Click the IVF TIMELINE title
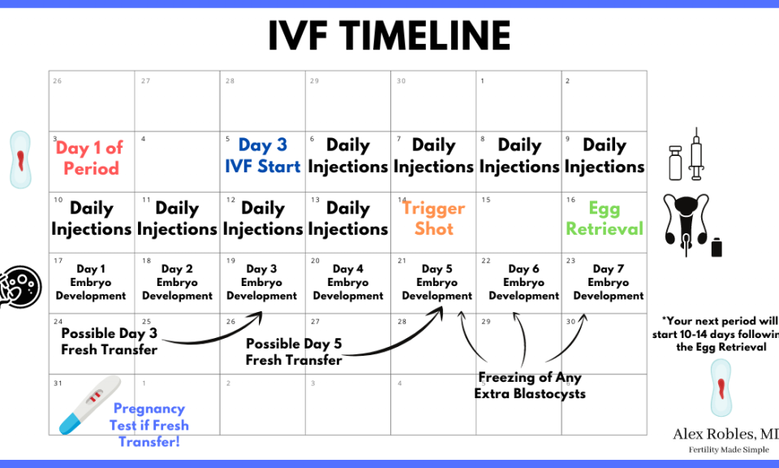point(389,36)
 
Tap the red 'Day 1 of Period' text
point(90,158)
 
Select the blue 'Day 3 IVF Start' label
point(262,155)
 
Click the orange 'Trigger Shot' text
point(433,218)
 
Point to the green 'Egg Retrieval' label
point(605,218)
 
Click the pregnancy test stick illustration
point(90,405)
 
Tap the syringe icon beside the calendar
point(696,154)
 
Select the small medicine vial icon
point(675,162)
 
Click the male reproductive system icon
point(686,224)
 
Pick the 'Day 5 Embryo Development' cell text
point(437,282)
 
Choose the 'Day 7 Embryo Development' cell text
point(608,282)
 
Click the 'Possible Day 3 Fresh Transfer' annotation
point(109,341)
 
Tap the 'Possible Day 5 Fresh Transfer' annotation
point(294,352)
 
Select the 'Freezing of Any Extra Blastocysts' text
point(530,385)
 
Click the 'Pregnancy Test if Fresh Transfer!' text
point(149,425)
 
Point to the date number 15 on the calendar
point(486,200)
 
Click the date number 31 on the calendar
point(58,383)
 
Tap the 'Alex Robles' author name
point(725,434)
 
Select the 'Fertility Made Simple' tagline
point(729,449)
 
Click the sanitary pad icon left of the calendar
point(20,159)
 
